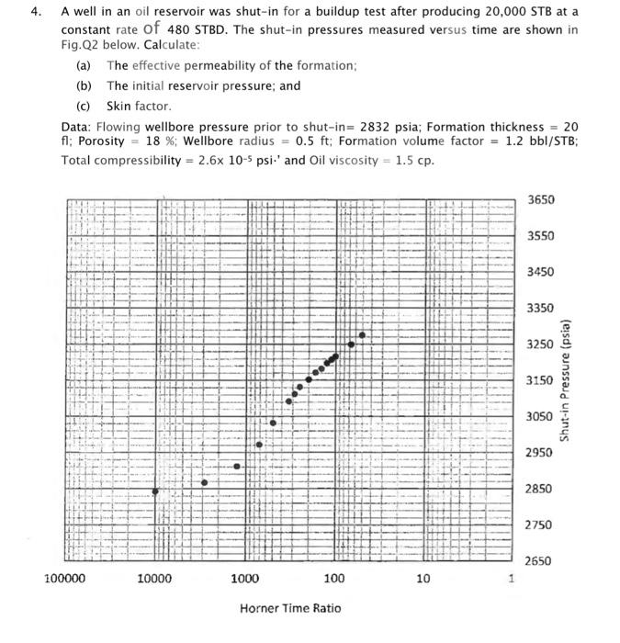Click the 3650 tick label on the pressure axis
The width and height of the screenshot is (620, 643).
[x=542, y=200]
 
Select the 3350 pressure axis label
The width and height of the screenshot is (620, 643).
[x=542, y=308]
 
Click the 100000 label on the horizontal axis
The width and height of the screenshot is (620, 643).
[x=64, y=579]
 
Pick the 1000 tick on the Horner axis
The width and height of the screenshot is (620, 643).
[x=244, y=579]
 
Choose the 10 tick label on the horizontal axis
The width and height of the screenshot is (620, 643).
[x=423, y=579]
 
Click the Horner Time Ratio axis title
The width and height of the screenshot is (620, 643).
[x=290, y=608]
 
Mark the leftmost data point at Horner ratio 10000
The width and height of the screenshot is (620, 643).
[x=155, y=491]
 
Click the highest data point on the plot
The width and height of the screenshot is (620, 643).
[x=362, y=335]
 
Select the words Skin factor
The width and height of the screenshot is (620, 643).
[x=139, y=106]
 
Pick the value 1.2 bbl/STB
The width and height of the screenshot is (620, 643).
[x=535, y=143]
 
